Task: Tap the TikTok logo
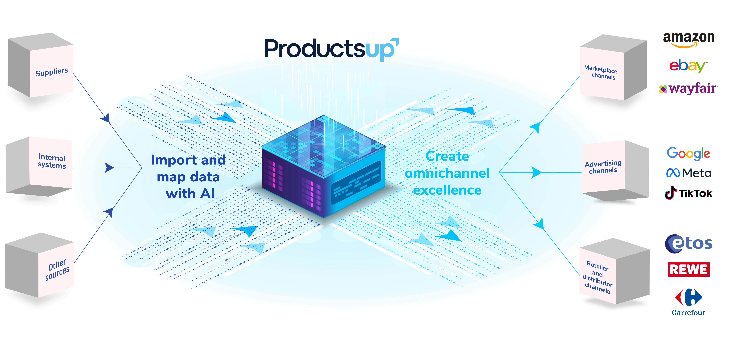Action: click(688, 193)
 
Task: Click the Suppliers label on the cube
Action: click(52, 72)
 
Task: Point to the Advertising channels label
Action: click(603, 167)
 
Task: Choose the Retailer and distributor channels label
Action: click(597, 277)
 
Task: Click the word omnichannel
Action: click(447, 173)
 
